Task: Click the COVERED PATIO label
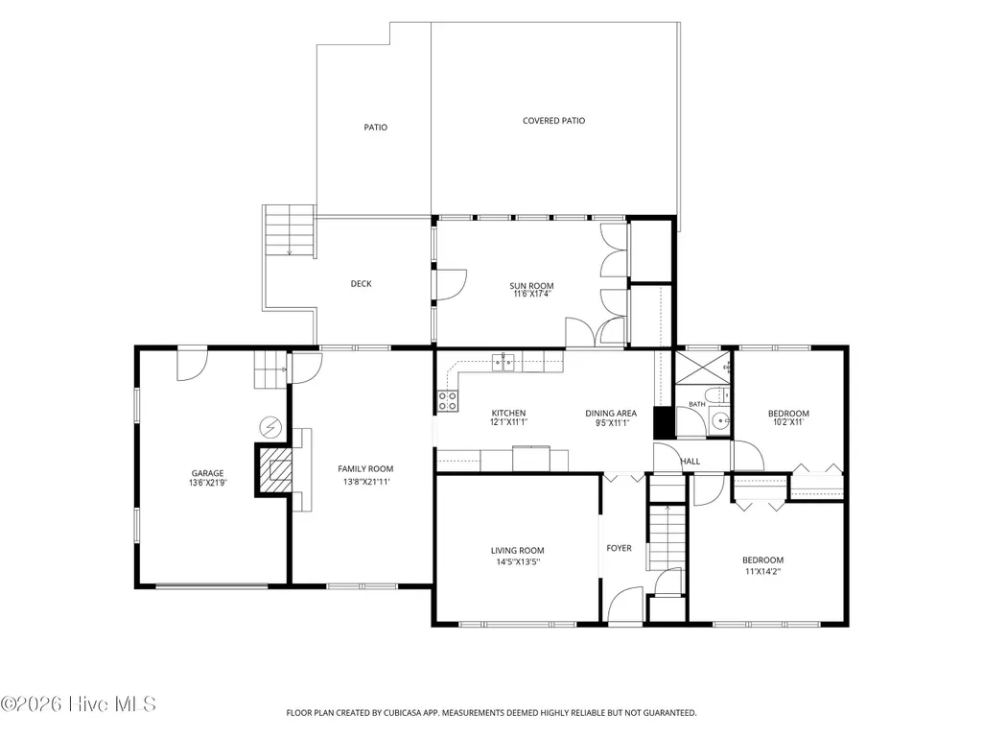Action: (x=553, y=121)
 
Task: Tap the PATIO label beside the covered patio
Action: (x=376, y=127)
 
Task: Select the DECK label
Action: (x=362, y=284)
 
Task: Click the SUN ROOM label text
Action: (x=531, y=286)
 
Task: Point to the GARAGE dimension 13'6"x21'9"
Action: (x=207, y=483)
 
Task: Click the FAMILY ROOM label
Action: (x=365, y=468)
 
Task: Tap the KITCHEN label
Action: (x=508, y=413)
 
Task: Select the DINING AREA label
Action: (x=611, y=413)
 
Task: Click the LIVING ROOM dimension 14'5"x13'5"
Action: (x=518, y=561)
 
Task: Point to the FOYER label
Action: (x=619, y=548)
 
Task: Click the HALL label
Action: (x=690, y=462)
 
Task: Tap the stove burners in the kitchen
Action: (x=448, y=402)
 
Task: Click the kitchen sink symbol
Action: (x=503, y=362)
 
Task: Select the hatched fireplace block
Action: (x=275, y=470)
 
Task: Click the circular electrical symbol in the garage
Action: (x=270, y=428)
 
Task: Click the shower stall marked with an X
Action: (x=703, y=368)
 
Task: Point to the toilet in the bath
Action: (x=717, y=395)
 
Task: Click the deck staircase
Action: (x=289, y=231)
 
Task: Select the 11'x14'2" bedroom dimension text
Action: (x=763, y=572)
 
